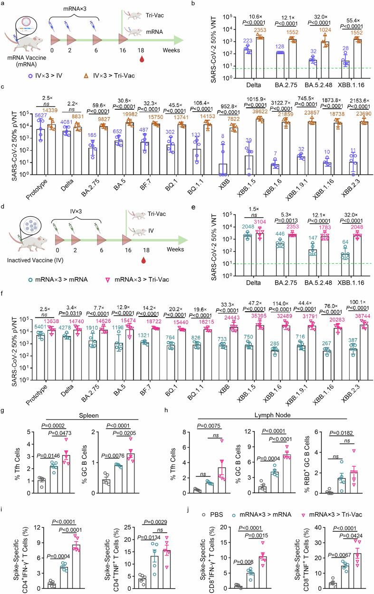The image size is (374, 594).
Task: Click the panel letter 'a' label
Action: (x=4, y=4)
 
